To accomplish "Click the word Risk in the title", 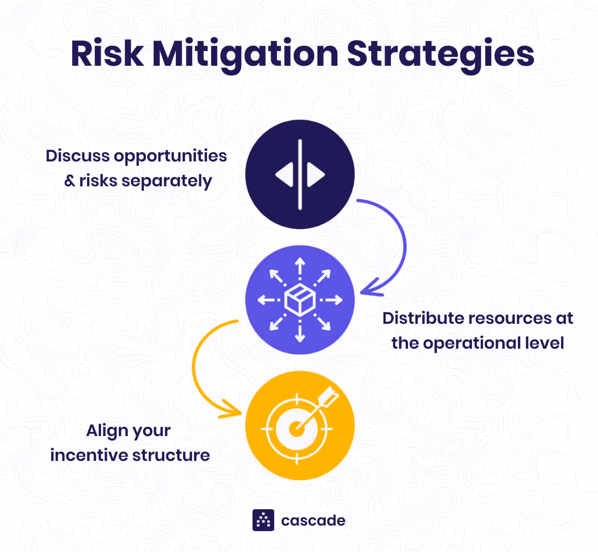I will pos(107,54).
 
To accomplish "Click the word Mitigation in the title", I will pos(245,54).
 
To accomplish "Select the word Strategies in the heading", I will pos(440,54).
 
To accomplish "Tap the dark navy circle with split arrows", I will pos(300,152).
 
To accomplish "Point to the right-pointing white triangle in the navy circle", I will pos(316,175).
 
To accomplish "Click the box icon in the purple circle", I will pos(300,299).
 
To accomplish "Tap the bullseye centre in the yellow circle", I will pos(296,429).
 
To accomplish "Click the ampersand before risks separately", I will pos(69,181).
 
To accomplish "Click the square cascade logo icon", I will pos(263,520).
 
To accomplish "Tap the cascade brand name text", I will pos(313,521).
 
